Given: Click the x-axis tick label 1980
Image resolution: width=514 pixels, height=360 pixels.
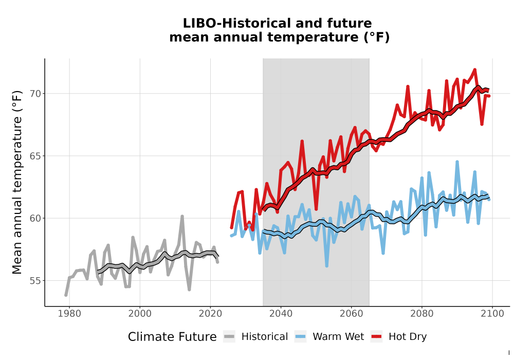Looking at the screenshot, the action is (69, 314).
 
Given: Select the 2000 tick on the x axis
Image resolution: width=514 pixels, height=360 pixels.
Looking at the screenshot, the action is (140, 314).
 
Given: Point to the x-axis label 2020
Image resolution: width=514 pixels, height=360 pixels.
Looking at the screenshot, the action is (210, 314).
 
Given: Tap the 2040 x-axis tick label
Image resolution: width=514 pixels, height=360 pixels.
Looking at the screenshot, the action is (281, 314).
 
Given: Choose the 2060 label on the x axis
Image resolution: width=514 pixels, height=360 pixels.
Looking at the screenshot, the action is (352, 314).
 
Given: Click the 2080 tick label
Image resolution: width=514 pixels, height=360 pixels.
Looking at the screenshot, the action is (422, 314).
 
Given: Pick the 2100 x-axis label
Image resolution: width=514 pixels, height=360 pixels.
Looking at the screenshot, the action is (492, 314).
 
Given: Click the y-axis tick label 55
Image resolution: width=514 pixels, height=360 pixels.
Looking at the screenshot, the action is (36, 281).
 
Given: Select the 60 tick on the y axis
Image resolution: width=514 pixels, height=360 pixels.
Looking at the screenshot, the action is (36, 219).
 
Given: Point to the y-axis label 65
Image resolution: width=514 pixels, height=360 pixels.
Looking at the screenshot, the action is (36, 156).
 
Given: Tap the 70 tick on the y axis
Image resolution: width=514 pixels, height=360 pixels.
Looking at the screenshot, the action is (36, 94).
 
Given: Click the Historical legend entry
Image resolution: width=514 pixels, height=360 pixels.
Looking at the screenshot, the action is (255, 337).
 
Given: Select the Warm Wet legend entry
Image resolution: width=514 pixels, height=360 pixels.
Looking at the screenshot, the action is (329, 337).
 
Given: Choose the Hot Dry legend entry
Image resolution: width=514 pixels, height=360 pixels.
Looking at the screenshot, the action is (399, 337).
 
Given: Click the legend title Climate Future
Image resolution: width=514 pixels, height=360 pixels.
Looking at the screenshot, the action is (172, 337).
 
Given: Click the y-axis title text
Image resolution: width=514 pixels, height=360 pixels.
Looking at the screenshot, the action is (17, 182).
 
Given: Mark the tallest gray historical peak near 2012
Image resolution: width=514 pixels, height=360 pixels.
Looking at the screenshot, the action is (182, 217).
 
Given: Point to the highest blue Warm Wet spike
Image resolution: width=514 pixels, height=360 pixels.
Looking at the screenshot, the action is (457, 162).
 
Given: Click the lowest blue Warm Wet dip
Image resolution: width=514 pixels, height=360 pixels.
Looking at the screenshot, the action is (326, 266).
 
